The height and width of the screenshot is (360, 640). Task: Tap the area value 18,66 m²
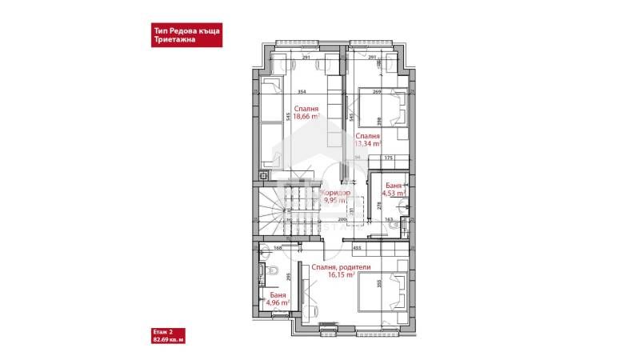coord(306,116)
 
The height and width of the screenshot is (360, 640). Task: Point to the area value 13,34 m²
coord(368,145)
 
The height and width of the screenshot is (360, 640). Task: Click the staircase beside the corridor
coord(288,210)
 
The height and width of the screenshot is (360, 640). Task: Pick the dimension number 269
coord(376,92)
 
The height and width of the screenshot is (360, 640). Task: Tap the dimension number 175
coord(388,158)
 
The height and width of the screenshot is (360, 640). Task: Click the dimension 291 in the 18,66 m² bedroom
coord(306,58)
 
